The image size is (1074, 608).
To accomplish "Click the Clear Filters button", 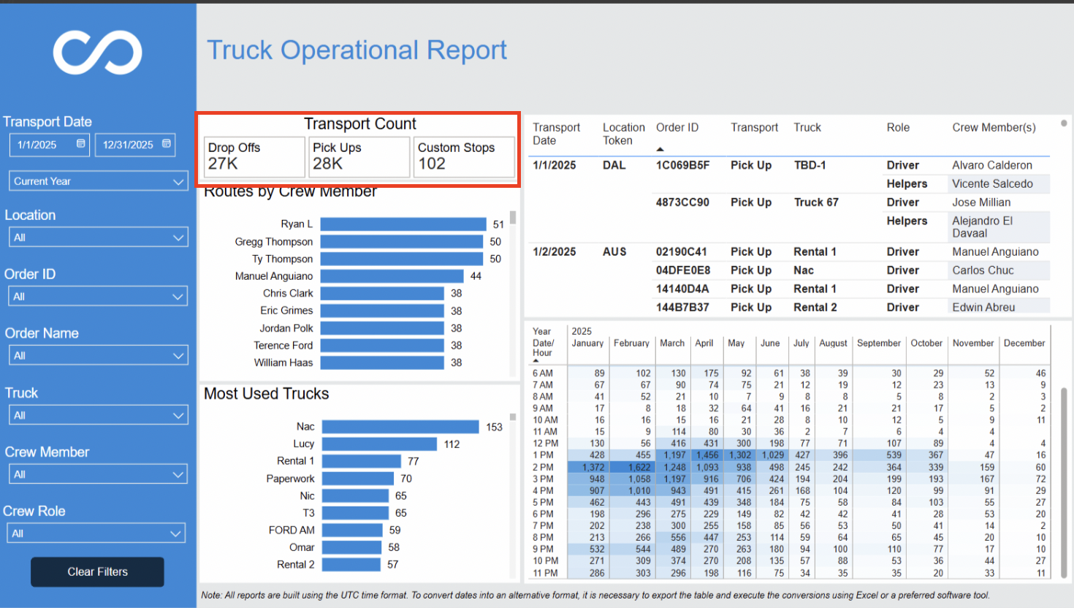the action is [x=97, y=571].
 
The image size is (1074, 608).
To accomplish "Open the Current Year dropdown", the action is [x=99, y=181].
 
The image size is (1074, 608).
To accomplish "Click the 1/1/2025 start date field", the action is [x=50, y=145].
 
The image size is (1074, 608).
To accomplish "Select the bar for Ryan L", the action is [x=403, y=224].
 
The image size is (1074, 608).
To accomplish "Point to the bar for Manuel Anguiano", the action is [x=392, y=276].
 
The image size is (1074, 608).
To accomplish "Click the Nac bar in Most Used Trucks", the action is [x=400, y=427].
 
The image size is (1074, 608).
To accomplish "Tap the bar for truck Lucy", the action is [x=379, y=444].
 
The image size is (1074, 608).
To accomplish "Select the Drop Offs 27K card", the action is [x=254, y=157].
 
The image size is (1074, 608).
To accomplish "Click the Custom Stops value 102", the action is [x=432, y=164].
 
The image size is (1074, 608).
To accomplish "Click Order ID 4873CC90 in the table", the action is [x=682, y=202].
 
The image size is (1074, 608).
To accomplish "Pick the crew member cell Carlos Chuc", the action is [x=983, y=270].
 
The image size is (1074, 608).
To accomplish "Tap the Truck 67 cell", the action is [x=816, y=202].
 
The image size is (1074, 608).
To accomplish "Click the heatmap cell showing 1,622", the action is [x=633, y=467].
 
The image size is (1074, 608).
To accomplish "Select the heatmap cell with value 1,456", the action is [x=707, y=455].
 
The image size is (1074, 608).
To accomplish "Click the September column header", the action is [x=879, y=343].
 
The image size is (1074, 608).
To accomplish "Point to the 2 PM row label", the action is [x=543, y=467].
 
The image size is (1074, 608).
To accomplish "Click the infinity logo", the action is [x=97, y=53].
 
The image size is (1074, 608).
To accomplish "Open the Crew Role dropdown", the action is [x=96, y=533].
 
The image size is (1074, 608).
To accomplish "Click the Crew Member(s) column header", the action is [x=994, y=128].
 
